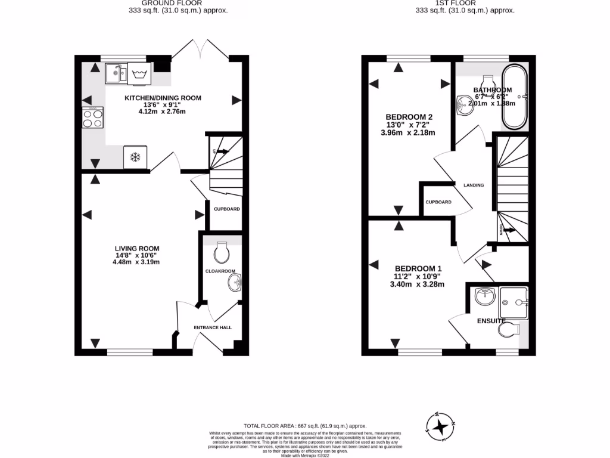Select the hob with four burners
tap(92, 118)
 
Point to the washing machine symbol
tap(140, 75)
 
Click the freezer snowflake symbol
tap(134, 157)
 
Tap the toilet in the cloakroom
tap(222, 252)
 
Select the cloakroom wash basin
tap(234, 285)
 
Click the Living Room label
tap(137, 249)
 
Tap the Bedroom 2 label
tap(409, 117)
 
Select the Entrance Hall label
tap(213, 327)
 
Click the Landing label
tap(474, 185)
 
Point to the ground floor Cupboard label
tap(226, 209)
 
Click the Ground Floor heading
tap(152, 3)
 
